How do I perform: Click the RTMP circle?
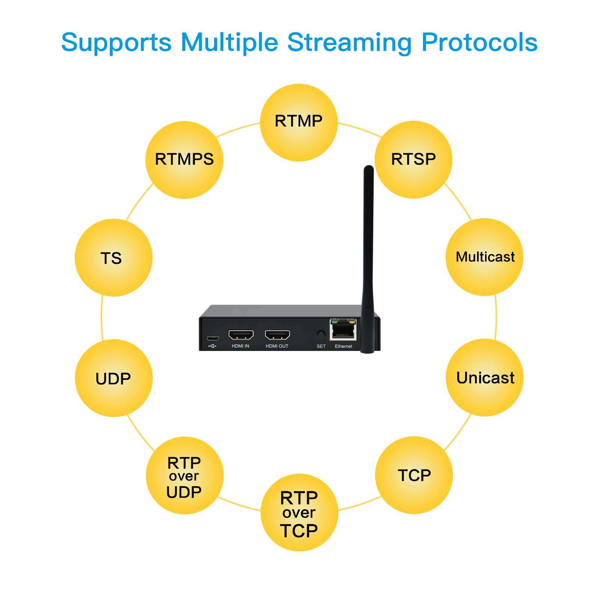pos(299,123)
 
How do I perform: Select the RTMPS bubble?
pos(184,160)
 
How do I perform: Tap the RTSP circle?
pos(414,160)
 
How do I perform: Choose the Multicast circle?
pos(484,257)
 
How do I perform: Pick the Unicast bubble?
pos(484,377)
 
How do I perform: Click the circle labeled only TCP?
pos(414,475)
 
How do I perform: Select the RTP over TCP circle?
pos(299,513)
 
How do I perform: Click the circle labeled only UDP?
pos(113,378)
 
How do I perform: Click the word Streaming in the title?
pos(349,42)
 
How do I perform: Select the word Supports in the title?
pos(116,42)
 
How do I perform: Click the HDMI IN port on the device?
pos(241,334)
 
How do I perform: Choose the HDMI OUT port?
pos(277,334)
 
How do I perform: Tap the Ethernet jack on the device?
pos(343,330)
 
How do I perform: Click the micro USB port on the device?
pos(213,338)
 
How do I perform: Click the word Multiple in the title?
pos(229,42)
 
